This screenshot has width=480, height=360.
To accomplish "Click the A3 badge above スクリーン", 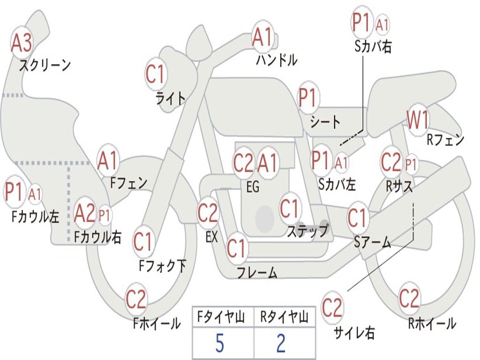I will click(22, 43).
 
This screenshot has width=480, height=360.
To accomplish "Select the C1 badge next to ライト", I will click(156, 74).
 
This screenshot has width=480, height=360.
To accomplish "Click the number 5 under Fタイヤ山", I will click(220, 344).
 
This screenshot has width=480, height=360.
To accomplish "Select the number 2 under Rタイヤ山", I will click(281, 344).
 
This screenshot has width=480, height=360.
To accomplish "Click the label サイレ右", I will click(354, 333).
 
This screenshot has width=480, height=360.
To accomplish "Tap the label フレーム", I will click(257, 272).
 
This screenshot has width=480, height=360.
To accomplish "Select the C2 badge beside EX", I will click(208, 214).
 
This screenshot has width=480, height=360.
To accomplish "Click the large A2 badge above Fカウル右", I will click(85, 214).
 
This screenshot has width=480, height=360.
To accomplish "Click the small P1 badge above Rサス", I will click(411, 165).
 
